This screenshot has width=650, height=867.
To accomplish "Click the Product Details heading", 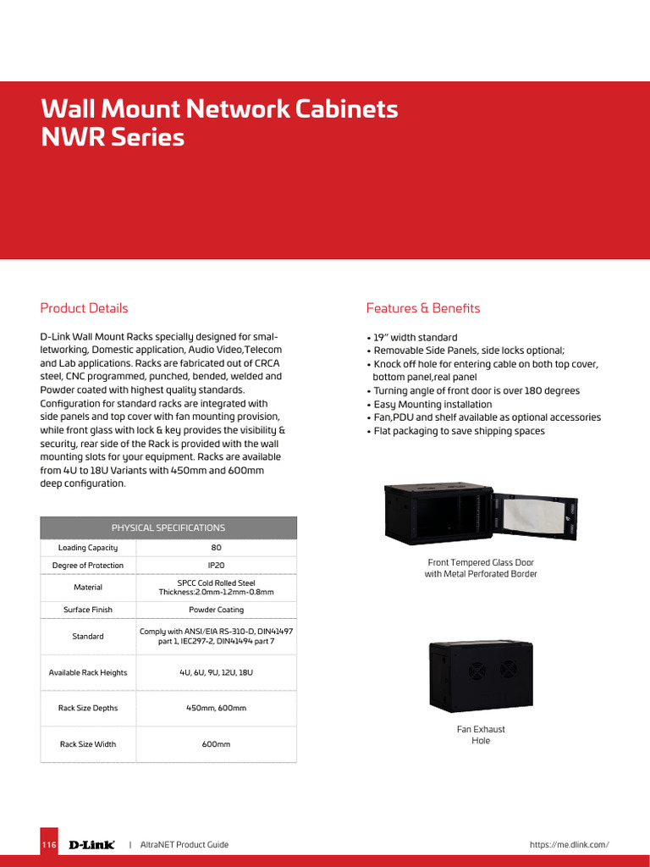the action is click(x=85, y=308).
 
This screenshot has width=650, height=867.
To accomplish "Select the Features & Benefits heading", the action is click(x=422, y=308).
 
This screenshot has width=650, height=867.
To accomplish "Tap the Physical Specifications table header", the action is click(x=168, y=527).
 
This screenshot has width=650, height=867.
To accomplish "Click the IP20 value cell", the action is click(x=215, y=566).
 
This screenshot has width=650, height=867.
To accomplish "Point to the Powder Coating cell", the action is click(x=215, y=610).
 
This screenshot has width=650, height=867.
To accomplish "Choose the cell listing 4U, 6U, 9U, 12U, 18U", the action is click(x=215, y=672).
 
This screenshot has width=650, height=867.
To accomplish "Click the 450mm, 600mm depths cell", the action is click(x=215, y=708).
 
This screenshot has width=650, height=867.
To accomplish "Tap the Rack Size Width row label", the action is click(x=88, y=744).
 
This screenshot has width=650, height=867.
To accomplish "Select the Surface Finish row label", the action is click(x=88, y=610).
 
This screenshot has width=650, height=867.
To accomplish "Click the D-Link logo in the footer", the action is click(x=91, y=845).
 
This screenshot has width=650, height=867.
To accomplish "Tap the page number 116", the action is click(x=49, y=845).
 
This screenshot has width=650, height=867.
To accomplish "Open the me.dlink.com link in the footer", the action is click(x=569, y=845).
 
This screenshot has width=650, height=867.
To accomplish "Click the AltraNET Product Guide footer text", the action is click(x=184, y=845).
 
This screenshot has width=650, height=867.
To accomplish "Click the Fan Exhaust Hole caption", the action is click(x=481, y=735).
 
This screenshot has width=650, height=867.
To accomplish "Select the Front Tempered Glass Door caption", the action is click(x=481, y=568).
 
